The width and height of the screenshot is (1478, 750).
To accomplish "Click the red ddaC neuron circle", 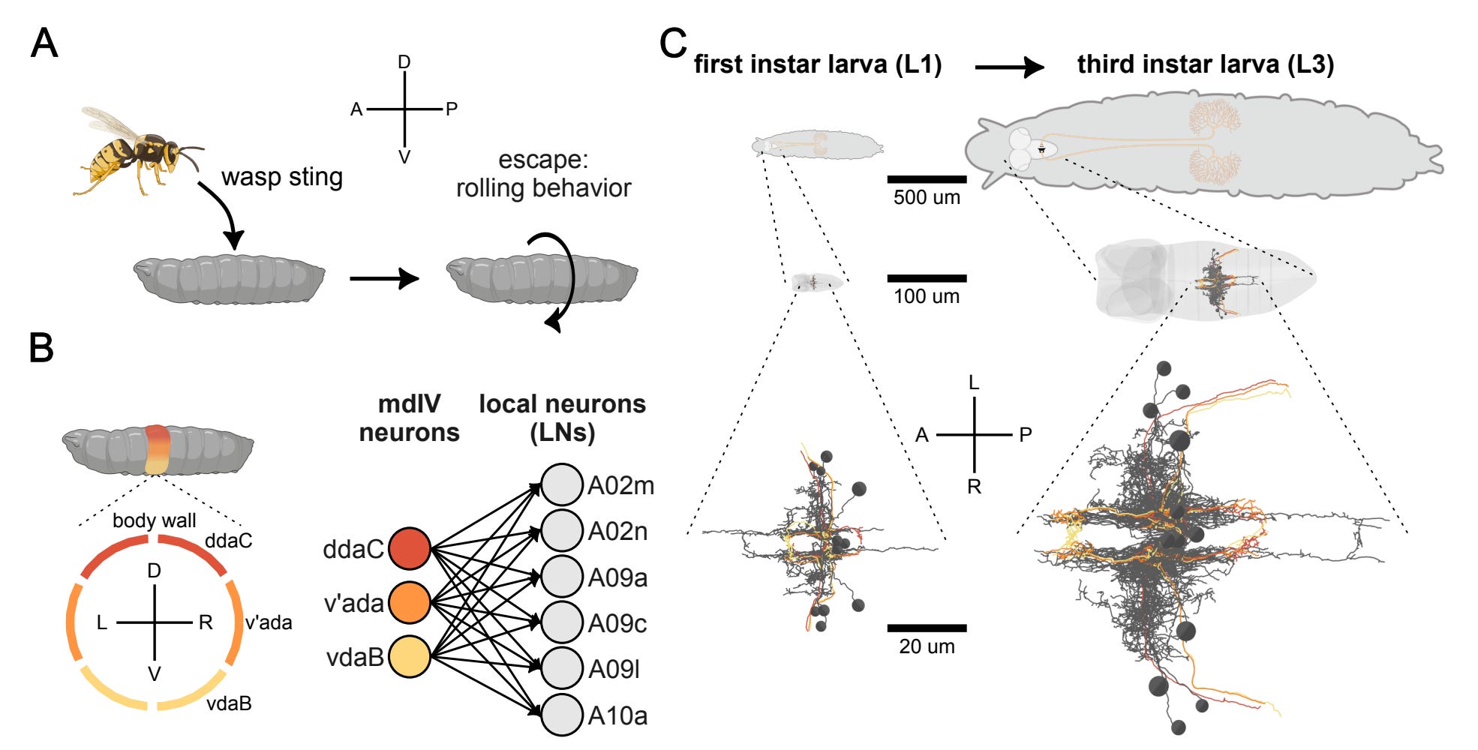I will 409,548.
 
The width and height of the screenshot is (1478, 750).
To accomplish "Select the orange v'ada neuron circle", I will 409,602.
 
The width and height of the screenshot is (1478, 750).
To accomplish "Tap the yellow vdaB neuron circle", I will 409,656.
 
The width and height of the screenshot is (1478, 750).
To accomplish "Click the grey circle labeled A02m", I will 562,485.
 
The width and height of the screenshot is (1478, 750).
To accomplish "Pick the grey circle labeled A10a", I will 562,715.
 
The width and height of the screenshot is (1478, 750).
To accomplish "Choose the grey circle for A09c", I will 562,622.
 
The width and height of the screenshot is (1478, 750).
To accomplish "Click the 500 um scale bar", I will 927,179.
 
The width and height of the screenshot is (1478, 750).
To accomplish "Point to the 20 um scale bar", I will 927,628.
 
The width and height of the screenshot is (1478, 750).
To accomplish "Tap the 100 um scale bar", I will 927,278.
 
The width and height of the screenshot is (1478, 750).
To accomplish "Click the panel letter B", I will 41,348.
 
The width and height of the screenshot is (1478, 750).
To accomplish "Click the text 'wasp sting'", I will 282,177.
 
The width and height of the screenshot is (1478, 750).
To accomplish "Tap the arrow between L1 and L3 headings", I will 1009,67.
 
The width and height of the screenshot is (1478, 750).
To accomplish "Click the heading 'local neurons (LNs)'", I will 562,418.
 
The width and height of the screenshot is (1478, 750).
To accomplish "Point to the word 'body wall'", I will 154,520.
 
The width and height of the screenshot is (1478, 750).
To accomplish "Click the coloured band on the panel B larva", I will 157,449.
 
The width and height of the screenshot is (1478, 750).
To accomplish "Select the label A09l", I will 614,669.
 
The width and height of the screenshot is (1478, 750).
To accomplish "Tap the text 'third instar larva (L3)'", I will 1205,64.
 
